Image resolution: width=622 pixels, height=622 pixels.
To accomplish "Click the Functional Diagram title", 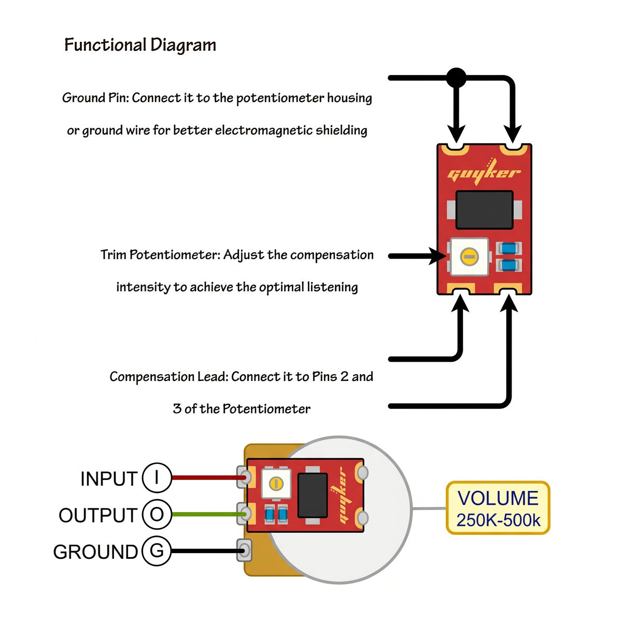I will tap(140, 45).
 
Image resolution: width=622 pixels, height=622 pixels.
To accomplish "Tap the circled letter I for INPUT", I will tap(157, 477).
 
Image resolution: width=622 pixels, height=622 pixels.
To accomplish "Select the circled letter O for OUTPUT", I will tap(157, 514).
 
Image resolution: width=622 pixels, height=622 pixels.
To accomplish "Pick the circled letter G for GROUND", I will tap(157, 550).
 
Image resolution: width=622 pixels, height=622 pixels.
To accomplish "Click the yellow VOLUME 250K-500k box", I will tap(498, 508).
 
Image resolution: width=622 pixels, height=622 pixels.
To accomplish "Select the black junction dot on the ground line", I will tap(456, 78).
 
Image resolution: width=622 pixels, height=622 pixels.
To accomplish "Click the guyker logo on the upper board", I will tap(484, 174).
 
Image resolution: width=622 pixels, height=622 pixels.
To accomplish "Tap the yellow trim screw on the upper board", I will tap(469, 256).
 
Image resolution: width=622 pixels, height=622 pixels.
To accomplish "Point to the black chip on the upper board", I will tap(484, 210).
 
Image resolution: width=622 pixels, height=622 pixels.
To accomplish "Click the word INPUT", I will tap(109, 479).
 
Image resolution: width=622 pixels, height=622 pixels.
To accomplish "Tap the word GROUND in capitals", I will tap(95, 552).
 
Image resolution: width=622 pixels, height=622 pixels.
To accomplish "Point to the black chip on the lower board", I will tap(313, 495).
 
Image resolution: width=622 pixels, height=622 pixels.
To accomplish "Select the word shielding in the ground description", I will tap(342, 130).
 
